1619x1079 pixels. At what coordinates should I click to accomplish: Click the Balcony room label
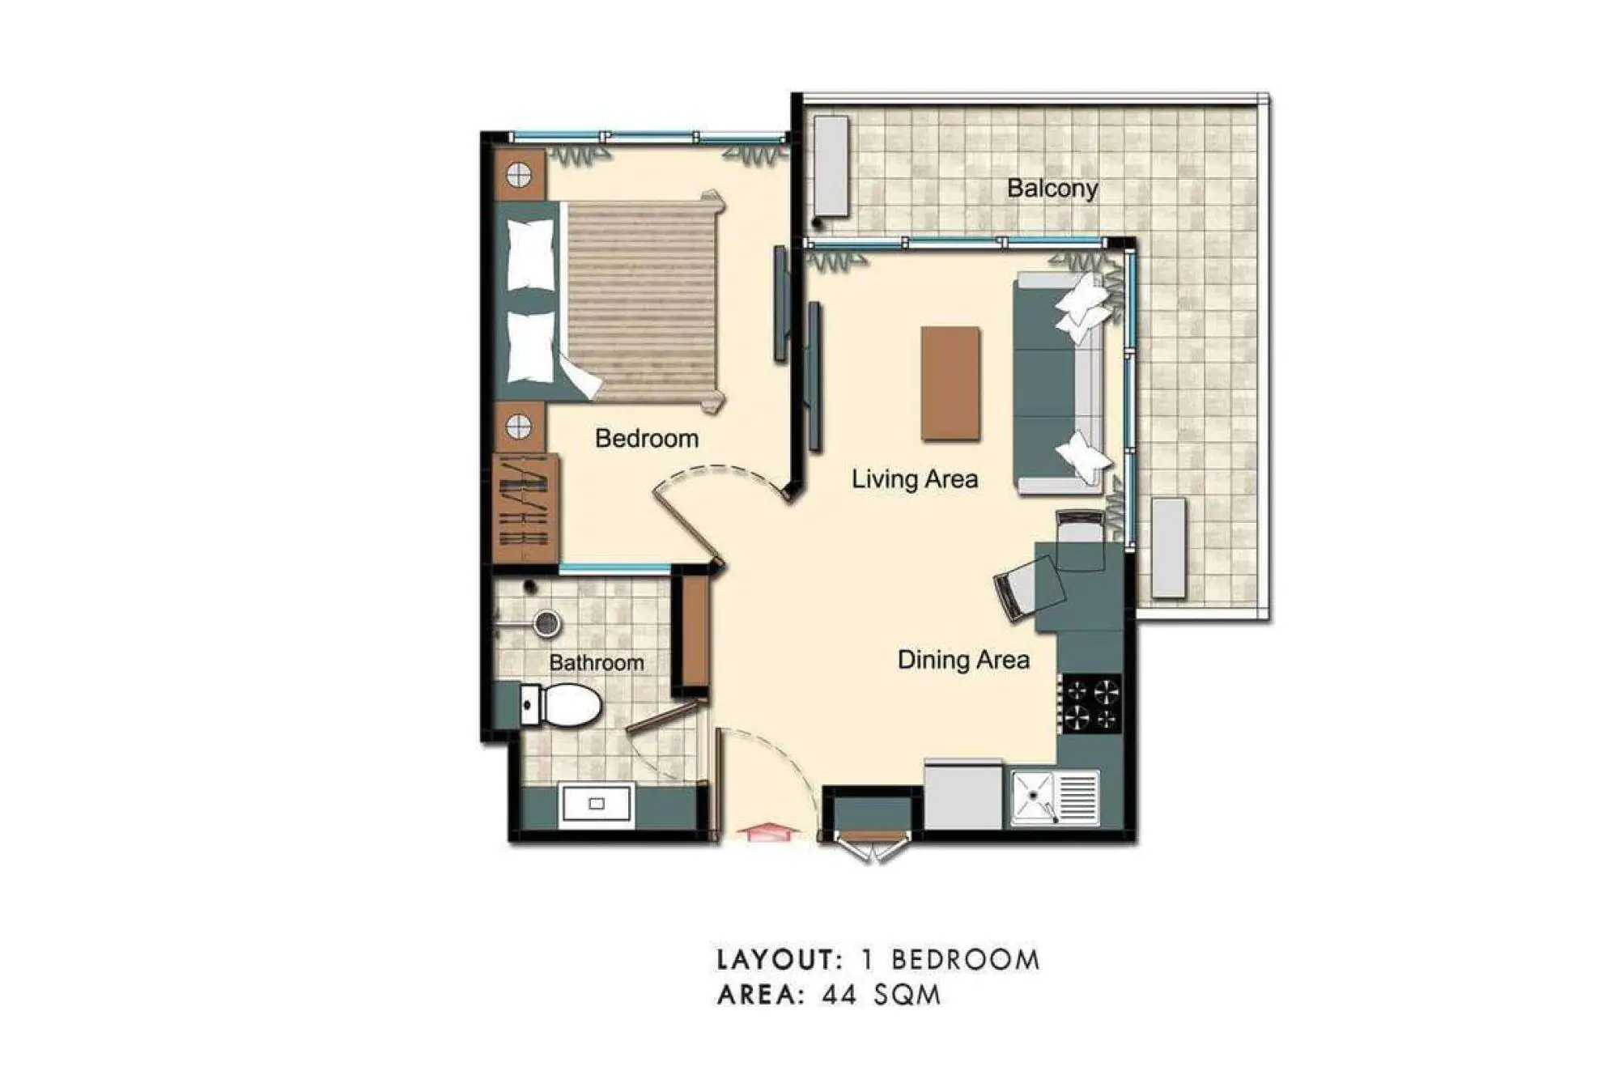[1052, 189]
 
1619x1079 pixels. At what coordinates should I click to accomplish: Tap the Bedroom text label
[647, 439]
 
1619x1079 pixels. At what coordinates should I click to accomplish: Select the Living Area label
[915, 479]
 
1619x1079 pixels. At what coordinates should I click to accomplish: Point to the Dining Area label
[963, 660]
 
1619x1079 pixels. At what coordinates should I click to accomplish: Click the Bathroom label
[597, 663]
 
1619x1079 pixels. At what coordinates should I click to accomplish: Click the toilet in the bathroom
[560, 704]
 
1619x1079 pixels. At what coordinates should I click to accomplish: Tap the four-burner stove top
[1091, 704]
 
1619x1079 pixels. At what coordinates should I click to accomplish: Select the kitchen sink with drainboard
[1056, 797]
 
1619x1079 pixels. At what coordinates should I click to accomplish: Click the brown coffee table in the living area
[950, 384]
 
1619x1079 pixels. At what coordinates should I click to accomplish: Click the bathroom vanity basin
[596, 805]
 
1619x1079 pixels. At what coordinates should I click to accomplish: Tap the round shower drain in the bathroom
[547, 623]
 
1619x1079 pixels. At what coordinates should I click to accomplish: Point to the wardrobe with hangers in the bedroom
[525, 508]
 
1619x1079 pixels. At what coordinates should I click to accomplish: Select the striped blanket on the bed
[641, 301]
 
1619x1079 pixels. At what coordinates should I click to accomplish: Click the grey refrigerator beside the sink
[963, 795]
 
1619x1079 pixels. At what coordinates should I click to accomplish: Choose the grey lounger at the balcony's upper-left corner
[831, 167]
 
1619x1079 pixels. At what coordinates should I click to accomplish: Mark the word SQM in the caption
[907, 994]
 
